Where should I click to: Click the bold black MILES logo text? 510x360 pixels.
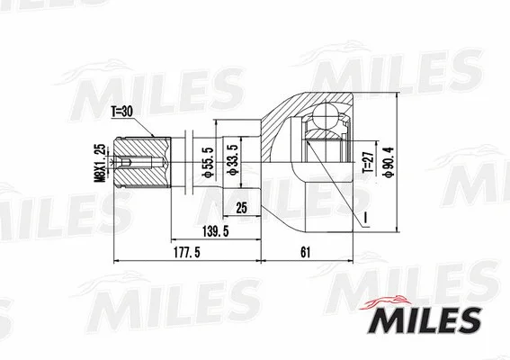coord(426,319)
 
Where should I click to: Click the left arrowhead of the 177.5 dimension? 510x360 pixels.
coord(120,261)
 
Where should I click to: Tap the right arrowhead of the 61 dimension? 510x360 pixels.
coord(350,261)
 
